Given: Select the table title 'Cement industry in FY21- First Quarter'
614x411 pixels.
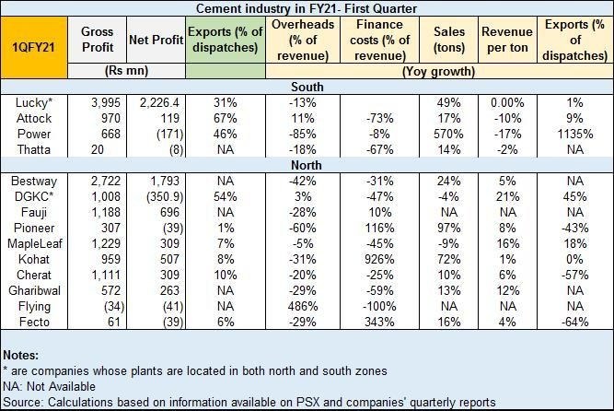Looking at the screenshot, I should (x=307, y=8).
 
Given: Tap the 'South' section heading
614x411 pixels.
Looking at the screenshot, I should (x=307, y=86).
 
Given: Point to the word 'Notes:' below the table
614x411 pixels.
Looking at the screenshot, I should (x=22, y=355).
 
